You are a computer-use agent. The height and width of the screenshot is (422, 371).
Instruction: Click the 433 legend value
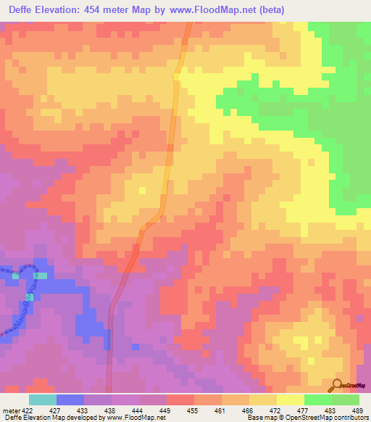(83, 410)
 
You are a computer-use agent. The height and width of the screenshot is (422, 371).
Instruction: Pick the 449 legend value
(166, 410)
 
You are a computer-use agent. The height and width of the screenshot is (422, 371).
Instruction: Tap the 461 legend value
(221, 410)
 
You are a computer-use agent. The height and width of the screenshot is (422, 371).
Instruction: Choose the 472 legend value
(276, 410)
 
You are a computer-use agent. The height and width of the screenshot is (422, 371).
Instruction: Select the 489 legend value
(358, 410)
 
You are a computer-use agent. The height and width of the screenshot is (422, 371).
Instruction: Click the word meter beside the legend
(11, 410)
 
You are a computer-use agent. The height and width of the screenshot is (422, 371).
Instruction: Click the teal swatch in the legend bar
(42, 400)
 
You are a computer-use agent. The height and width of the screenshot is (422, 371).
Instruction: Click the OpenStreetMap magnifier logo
(337, 384)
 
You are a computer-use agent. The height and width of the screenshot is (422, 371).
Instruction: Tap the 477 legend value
(304, 410)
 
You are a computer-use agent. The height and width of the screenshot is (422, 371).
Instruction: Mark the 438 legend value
(111, 410)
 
